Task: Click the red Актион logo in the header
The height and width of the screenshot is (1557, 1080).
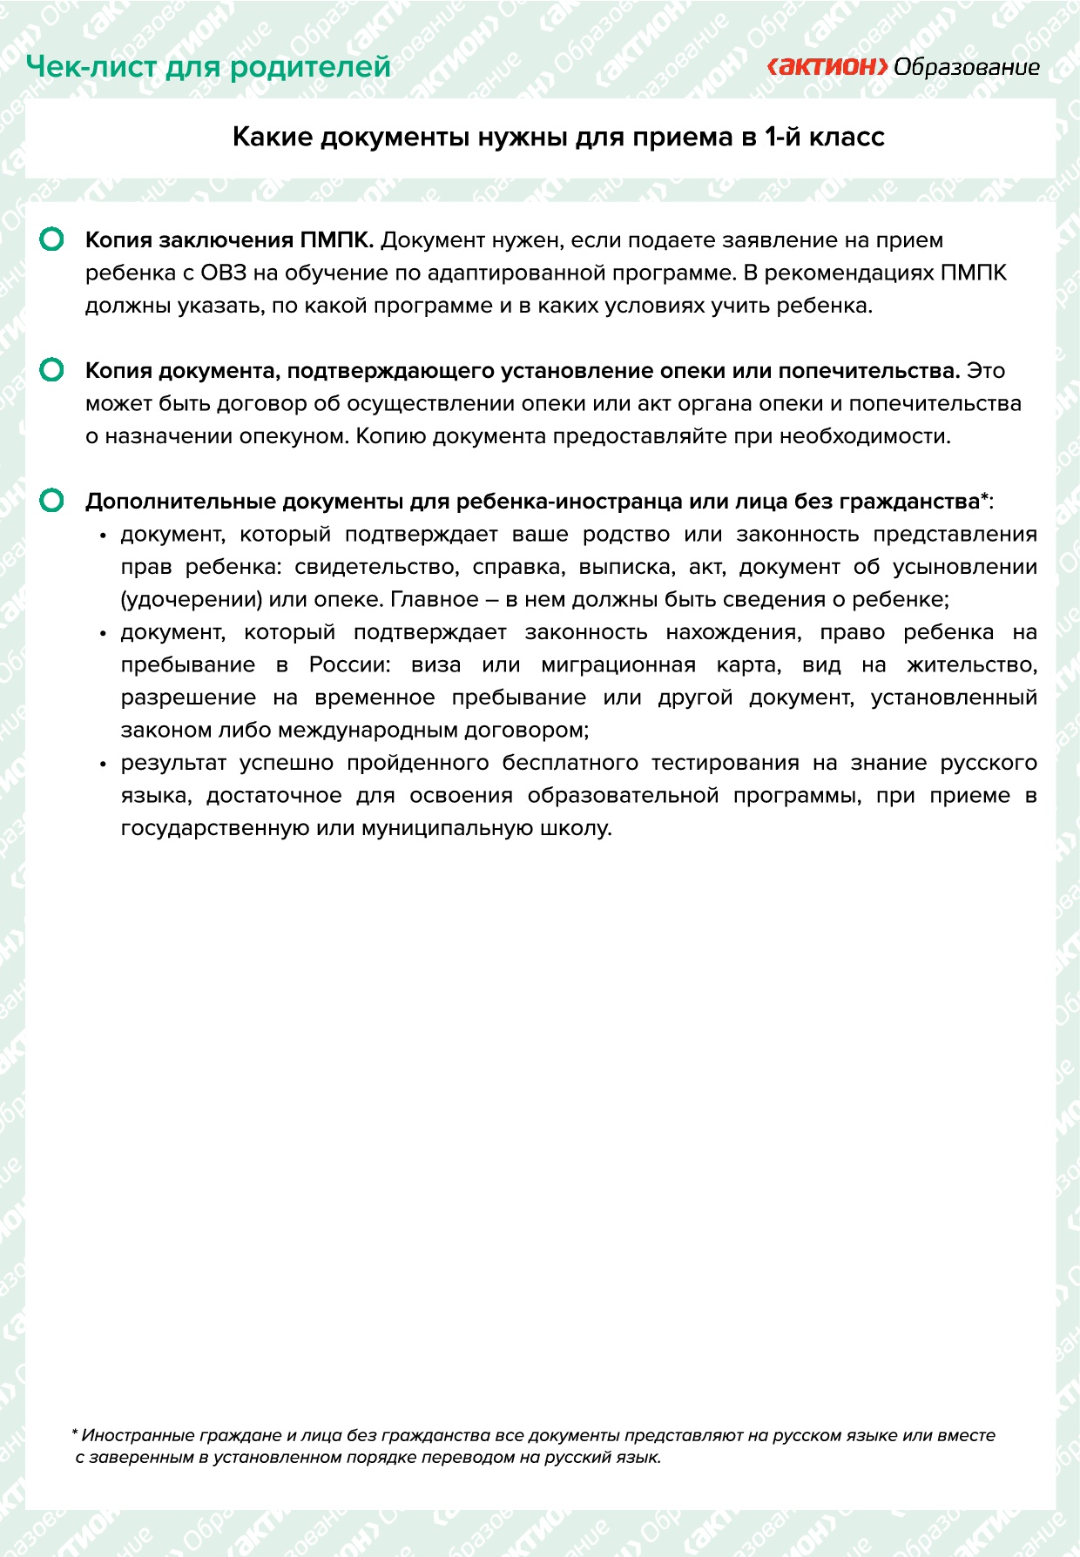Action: (x=827, y=67)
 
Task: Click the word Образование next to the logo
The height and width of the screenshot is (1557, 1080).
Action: (x=967, y=67)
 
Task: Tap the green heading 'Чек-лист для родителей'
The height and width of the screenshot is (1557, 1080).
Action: (x=208, y=66)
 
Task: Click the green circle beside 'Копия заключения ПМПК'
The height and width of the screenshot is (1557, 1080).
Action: (x=52, y=239)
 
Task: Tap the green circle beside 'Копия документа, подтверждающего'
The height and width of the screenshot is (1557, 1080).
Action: (x=52, y=370)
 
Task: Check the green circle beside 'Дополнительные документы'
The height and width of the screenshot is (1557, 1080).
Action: (x=52, y=501)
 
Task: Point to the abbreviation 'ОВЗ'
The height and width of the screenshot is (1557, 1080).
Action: (x=224, y=273)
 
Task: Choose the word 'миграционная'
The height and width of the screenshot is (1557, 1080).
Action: (x=618, y=665)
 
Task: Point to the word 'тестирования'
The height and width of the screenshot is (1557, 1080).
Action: (x=725, y=763)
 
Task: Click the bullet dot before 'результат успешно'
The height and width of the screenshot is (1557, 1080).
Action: (x=103, y=764)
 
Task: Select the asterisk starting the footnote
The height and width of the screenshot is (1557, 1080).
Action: (x=75, y=1432)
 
